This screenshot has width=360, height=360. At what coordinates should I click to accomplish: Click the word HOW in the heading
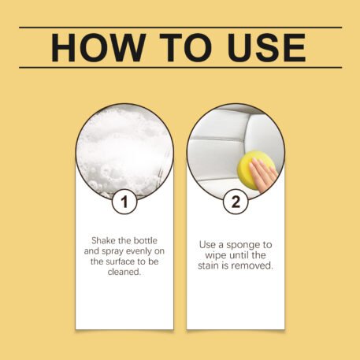[x=98, y=48]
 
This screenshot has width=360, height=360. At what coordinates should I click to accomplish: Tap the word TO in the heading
[x=186, y=48]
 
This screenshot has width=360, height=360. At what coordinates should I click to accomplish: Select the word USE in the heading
[x=267, y=48]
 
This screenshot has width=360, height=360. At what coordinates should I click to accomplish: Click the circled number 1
[x=124, y=202]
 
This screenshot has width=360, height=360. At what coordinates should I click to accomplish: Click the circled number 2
[x=236, y=202]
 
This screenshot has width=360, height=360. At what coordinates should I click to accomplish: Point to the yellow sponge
[x=254, y=169]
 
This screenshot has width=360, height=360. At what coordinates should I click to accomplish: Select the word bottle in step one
[x=146, y=240]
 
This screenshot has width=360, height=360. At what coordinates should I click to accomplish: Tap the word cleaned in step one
[x=124, y=272]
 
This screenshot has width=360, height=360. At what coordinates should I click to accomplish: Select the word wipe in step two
[x=216, y=255]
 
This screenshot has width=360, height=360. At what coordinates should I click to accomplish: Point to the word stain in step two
[x=209, y=265]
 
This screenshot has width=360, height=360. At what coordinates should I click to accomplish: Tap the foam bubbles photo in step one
[x=124, y=151]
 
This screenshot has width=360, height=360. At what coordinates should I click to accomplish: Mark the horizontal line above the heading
[x=180, y=27]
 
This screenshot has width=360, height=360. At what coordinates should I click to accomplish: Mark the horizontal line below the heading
[x=180, y=68]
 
